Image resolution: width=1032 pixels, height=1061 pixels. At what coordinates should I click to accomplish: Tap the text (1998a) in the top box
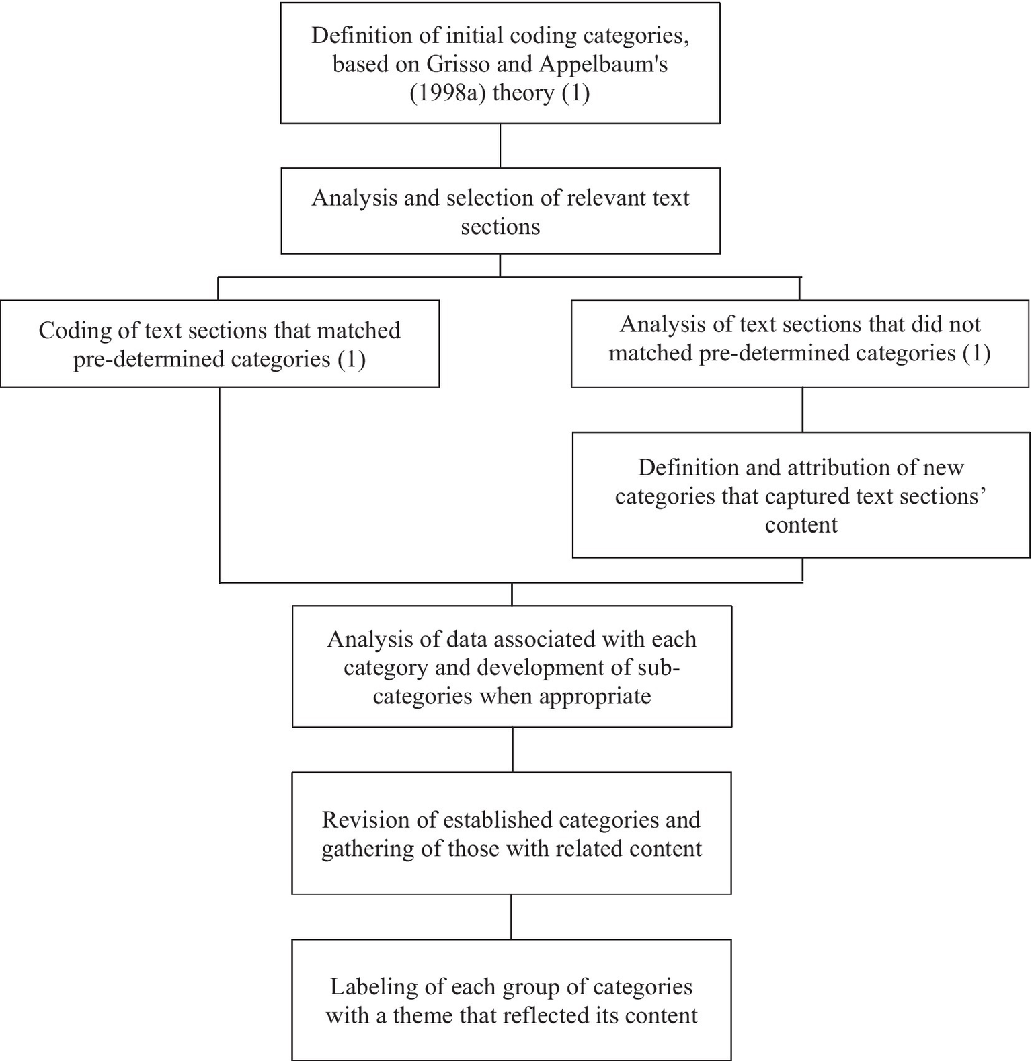447,92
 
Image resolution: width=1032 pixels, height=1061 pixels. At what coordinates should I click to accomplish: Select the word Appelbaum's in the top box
603,64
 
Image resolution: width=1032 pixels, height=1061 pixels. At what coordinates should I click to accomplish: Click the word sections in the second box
500,227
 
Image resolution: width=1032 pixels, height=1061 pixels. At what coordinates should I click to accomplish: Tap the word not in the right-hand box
963,324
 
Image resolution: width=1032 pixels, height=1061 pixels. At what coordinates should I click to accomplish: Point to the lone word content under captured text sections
801,524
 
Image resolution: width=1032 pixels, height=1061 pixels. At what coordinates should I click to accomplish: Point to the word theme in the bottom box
422,1015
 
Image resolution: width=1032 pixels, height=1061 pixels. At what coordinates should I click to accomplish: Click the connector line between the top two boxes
500,146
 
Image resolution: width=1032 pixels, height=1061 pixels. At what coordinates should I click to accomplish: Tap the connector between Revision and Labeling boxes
512,916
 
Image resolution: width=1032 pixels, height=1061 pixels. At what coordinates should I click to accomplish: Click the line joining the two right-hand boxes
802,409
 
